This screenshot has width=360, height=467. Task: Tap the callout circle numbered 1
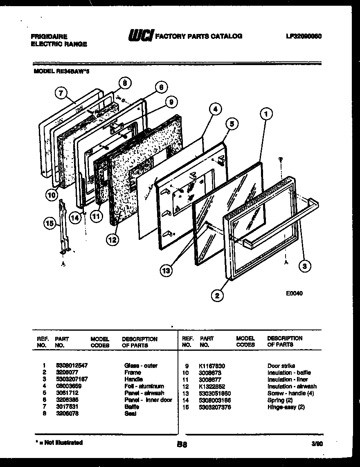(266, 115)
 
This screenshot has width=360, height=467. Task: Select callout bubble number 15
(49, 223)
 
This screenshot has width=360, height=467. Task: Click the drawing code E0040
(295, 293)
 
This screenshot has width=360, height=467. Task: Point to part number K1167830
(212, 366)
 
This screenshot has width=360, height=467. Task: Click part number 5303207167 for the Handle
(72, 379)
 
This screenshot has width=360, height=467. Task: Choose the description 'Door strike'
(281, 366)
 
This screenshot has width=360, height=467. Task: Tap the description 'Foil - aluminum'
(144, 386)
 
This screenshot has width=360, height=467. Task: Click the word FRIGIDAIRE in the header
(49, 36)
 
